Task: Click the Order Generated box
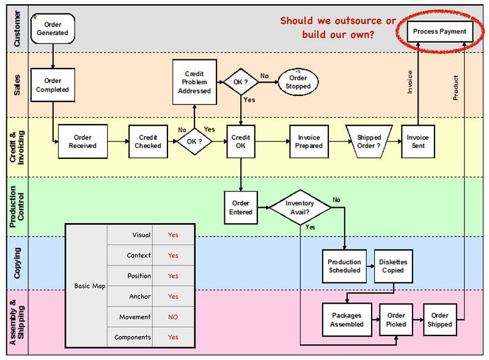[53, 29]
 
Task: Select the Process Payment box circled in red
[439, 31]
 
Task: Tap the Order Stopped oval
[298, 82]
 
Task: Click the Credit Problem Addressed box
[194, 82]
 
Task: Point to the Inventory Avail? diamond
[300, 208]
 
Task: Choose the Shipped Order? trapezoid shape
[369, 142]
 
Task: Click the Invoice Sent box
[417, 142]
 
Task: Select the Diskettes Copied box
[393, 266]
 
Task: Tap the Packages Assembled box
[347, 320]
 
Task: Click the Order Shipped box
[439, 320]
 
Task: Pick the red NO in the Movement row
[173, 317]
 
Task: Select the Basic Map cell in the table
[90, 286]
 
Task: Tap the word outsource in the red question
[350, 21]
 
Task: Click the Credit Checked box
[148, 142]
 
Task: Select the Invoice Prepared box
[309, 142]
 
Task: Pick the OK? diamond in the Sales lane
[241, 82]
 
